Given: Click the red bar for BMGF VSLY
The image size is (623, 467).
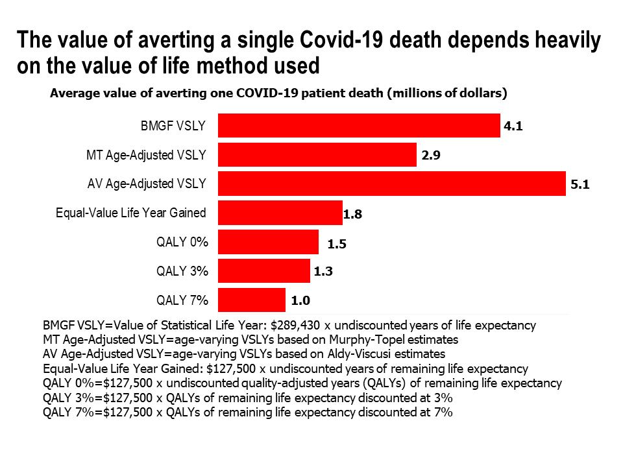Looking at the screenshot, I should coord(359,126).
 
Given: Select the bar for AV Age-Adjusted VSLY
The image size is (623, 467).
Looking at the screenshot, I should coord(392,184).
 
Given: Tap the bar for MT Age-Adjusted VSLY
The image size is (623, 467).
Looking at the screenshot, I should coord(317,155).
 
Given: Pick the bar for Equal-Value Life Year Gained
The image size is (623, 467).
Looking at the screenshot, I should coord(280,213).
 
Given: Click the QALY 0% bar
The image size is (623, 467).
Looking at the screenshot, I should coord(268,242).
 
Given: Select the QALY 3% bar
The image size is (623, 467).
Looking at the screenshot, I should coord(264,271).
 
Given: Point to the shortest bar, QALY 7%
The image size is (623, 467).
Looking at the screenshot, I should coord(252,300).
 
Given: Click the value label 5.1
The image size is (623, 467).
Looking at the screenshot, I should coord(579,185).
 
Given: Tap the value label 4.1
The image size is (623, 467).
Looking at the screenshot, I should coord(513,126).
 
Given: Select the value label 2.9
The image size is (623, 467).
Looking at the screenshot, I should coord(429,156).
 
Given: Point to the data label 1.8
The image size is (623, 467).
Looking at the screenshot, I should coord(352,214).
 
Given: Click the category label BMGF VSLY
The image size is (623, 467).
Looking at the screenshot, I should coord(173,126).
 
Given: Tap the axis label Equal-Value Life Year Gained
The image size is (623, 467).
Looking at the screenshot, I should coord(131,213).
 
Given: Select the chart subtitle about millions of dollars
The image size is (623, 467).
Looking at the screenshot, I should coord(278,93).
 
